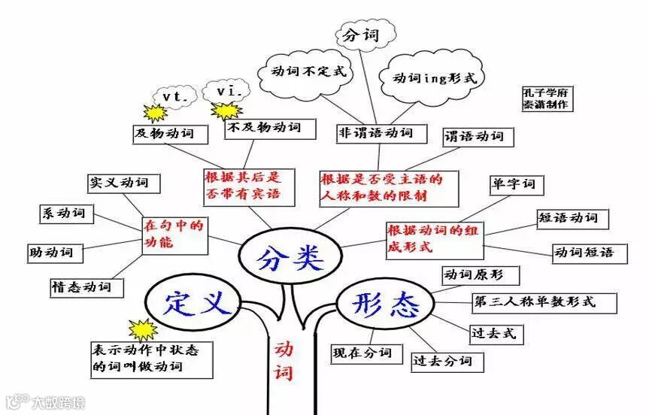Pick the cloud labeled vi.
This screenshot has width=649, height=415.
pos(226,91)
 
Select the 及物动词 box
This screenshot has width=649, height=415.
pos(164,134)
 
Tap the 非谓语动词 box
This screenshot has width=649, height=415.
pos(376,133)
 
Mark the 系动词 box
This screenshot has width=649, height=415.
pos(63,213)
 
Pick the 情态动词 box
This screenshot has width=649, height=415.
pos(80,286)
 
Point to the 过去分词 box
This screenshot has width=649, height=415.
pos(442,361)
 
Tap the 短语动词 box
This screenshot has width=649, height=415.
pos(568,218)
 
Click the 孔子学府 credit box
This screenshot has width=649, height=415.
pos(547,98)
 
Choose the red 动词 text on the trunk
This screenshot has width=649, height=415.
pos(284,359)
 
